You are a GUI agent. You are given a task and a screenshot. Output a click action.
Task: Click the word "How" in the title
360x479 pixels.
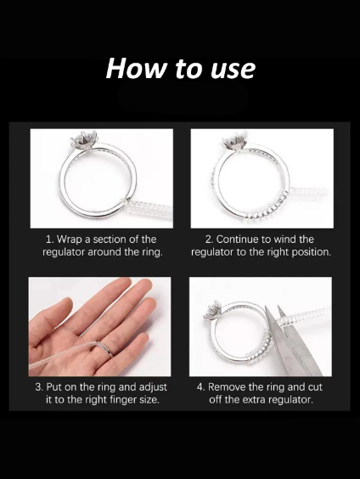[135, 68]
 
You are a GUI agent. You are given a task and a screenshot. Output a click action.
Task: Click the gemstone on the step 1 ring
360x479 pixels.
[84, 139]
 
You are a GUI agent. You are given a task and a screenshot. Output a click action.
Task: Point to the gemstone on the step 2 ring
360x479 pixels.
[234, 141]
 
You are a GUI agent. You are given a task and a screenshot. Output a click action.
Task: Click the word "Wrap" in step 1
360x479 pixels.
[70, 239]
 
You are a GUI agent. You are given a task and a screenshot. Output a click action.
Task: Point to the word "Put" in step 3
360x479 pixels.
[54, 387]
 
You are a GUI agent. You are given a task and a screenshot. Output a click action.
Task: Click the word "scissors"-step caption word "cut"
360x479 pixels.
[315, 387]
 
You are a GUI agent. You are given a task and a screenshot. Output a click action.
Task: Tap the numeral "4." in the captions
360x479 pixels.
[200, 387]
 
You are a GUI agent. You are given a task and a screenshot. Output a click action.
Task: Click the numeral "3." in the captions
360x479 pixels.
[39, 387]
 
